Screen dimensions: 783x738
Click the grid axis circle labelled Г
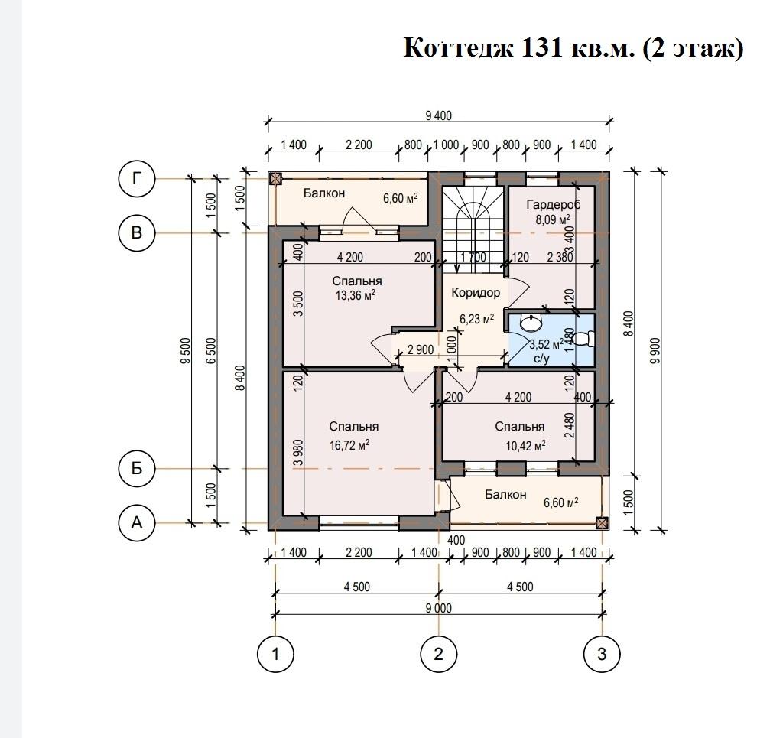pyautogui.click(x=136, y=178)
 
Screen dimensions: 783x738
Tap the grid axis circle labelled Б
pyautogui.click(x=136, y=468)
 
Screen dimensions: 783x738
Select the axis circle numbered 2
pyautogui.click(x=438, y=654)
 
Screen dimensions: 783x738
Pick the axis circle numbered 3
pyautogui.click(x=602, y=654)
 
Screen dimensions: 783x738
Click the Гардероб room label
pyautogui.click(x=554, y=204)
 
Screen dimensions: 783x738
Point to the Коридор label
pyautogui.click(x=476, y=293)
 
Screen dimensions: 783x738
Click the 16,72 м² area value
pyautogui.click(x=349, y=444)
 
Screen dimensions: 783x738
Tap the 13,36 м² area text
pyautogui.click(x=355, y=295)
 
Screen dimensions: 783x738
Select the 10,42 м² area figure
pyautogui.click(x=525, y=445)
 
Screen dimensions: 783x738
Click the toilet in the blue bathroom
pyautogui.click(x=583, y=339)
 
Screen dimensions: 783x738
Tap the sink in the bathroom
pyautogui.click(x=531, y=323)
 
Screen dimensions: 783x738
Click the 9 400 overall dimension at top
pyautogui.click(x=438, y=115)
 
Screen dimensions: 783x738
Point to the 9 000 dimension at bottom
pyautogui.click(x=438, y=608)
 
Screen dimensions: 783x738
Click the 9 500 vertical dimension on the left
pyautogui.click(x=185, y=350)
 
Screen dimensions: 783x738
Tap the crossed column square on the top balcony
pyautogui.click(x=275, y=179)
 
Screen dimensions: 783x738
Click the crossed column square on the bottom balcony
pyautogui.click(x=603, y=523)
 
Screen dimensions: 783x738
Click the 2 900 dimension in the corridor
pyautogui.click(x=421, y=349)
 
